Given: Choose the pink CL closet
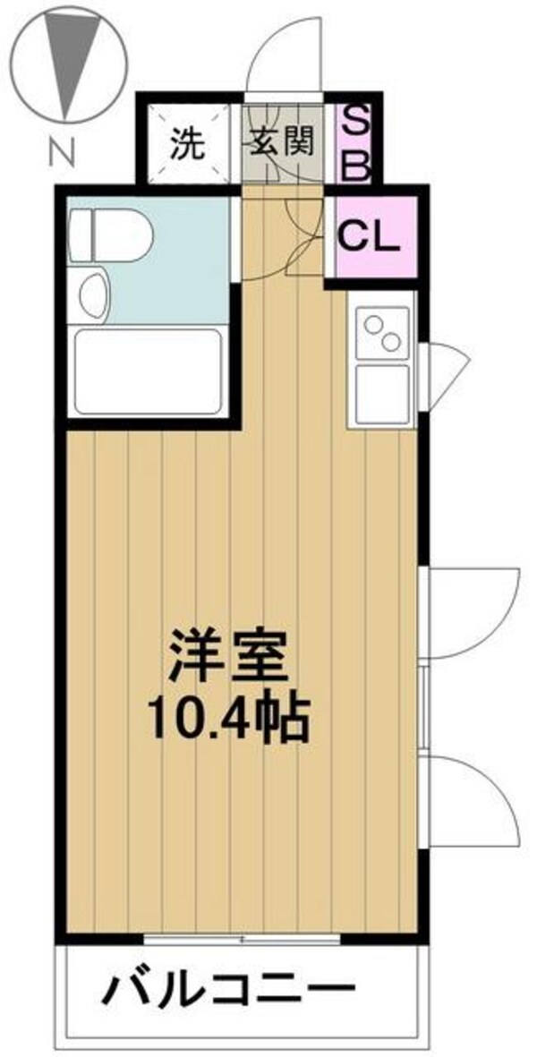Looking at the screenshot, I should tap(371, 237).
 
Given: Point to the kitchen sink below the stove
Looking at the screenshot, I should tap(383, 394).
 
